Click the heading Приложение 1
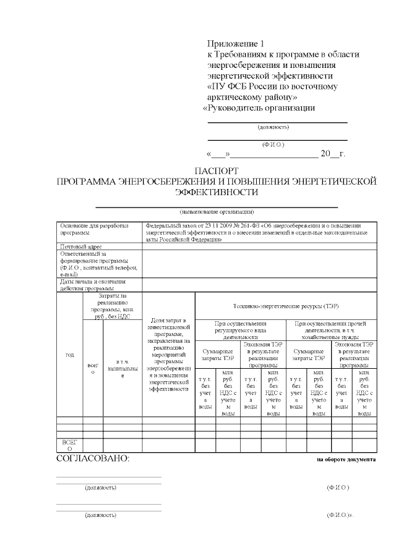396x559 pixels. click(235, 44)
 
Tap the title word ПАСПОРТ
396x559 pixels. click(217, 170)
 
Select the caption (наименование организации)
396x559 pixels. click(217, 212)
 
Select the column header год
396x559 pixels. click(69, 355)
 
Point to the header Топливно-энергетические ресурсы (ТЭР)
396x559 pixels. click(285, 306)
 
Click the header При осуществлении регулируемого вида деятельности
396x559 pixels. click(241, 330)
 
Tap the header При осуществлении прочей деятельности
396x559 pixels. click(331, 330)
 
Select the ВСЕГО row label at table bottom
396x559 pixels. click(69, 446)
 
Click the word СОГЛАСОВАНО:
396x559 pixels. click(93, 459)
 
